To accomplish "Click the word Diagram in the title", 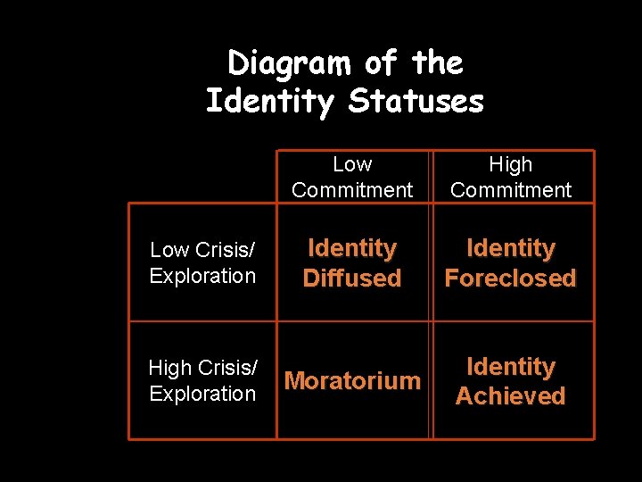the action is [290, 64].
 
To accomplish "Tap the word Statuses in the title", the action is [416, 101].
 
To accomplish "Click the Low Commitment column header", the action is [352, 177].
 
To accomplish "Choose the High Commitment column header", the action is [511, 177].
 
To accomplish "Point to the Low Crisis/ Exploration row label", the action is [202, 262].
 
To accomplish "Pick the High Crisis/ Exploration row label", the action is [202, 380].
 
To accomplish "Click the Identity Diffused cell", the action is [352, 262].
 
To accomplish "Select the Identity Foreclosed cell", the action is [511, 262].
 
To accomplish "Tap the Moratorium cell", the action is [352, 381].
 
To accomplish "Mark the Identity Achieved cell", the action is [511, 381].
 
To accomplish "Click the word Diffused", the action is [352, 278].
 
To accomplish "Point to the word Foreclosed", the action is [511, 278].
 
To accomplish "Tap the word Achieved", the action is [511, 395].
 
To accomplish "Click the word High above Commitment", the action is [511, 164].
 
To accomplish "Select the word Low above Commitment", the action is [352, 164].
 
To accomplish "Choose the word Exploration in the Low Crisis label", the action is [202, 276].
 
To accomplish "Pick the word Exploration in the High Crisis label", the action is [202, 394].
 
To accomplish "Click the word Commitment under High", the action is [511, 189].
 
